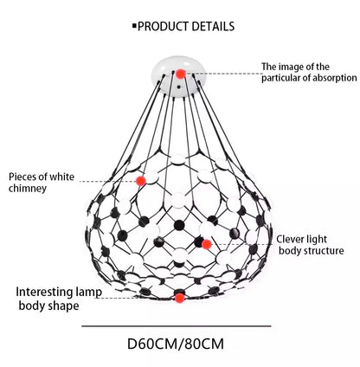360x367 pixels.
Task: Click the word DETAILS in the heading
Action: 212,26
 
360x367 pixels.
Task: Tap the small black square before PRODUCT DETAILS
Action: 134,26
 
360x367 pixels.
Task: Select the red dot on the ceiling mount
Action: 180,74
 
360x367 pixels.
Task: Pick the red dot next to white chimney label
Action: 140,180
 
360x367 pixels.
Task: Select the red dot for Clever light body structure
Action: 207,244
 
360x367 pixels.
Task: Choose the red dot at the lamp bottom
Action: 179,298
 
